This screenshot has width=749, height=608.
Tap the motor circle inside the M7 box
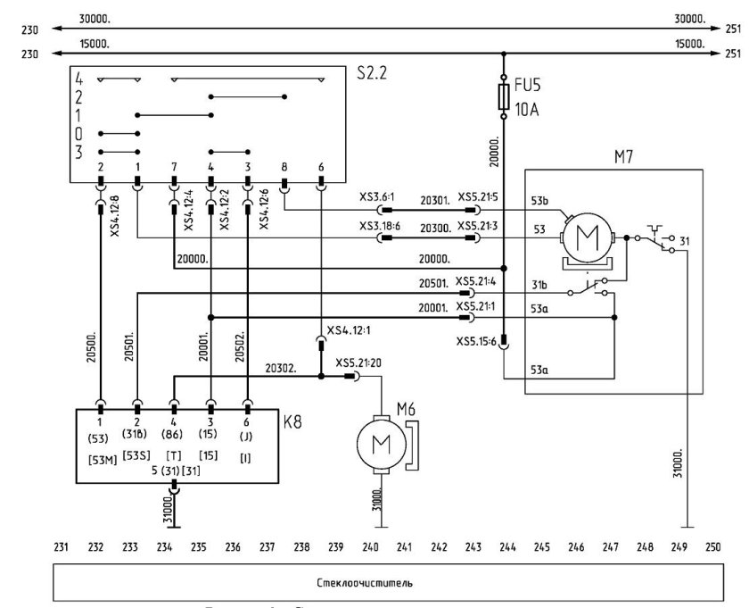point(586,239)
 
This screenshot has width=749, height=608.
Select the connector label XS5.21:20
point(359,363)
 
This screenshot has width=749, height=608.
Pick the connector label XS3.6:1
point(379,197)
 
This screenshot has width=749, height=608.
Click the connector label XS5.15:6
point(475,341)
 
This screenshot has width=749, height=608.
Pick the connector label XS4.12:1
point(350,329)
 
